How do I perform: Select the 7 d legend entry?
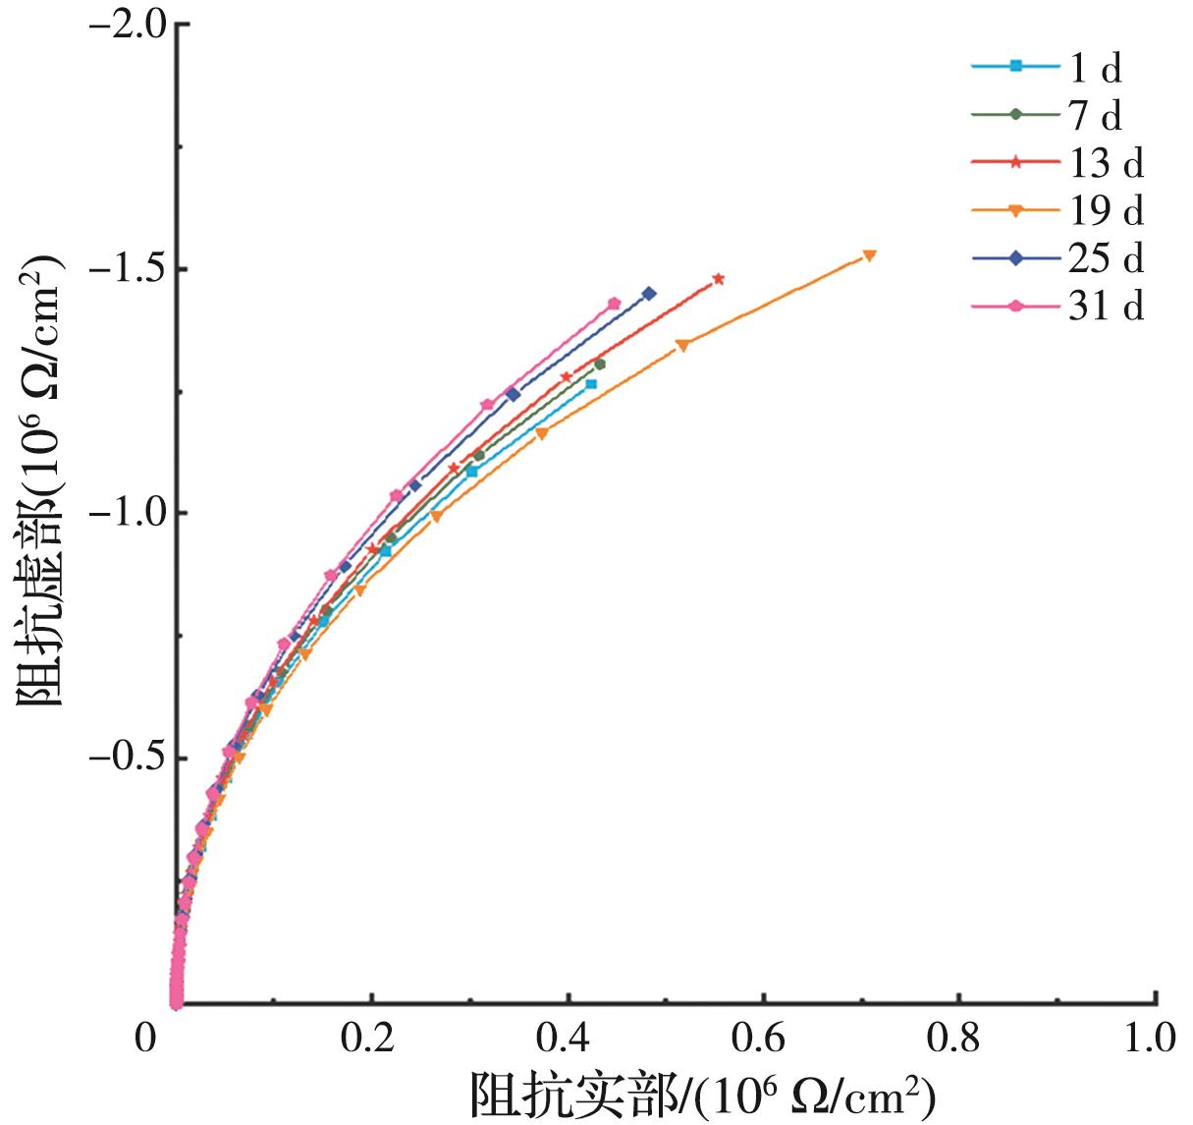point(1056,115)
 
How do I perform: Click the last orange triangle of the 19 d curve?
point(869,255)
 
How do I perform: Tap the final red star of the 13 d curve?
point(719,279)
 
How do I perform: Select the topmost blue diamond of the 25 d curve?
point(649,294)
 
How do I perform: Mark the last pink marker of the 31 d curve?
point(615,304)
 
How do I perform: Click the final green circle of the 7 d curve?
point(600,365)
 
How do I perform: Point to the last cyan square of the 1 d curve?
point(591,384)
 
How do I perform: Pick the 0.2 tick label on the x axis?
point(369,1039)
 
